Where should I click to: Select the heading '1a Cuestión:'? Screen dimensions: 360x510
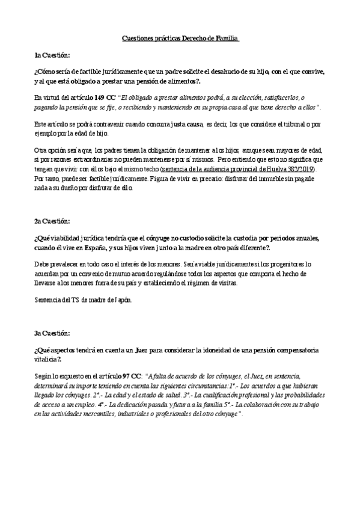53,55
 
